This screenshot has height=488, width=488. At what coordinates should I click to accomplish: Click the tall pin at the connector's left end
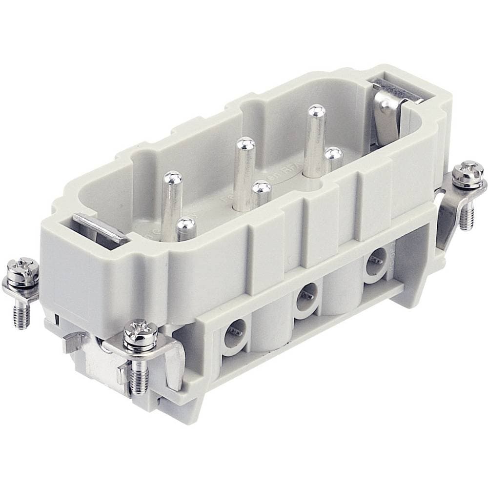(x=171, y=200)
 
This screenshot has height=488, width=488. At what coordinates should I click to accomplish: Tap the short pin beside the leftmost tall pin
(x=185, y=228)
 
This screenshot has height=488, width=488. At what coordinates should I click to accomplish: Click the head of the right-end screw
(x=468, y=172)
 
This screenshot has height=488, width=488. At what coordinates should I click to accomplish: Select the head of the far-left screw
(x=22, y=270)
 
